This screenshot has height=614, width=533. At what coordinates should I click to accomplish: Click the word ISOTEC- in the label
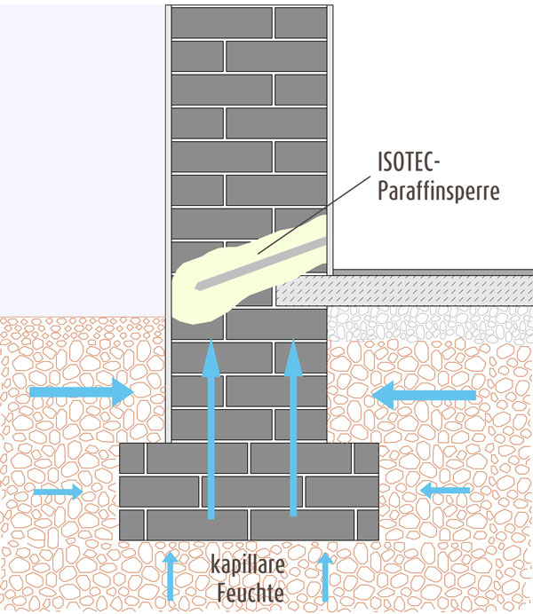coord(410,163)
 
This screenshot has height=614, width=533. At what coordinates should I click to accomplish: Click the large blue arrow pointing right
coord(80,391)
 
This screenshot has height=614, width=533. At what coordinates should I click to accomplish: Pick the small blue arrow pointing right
coord(57,491)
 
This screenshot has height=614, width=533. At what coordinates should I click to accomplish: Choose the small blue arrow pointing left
coord(445,489)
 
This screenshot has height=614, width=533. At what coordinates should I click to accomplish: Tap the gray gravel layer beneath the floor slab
coord(426,323)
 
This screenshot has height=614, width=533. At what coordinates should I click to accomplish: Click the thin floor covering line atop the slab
coord(426,272)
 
